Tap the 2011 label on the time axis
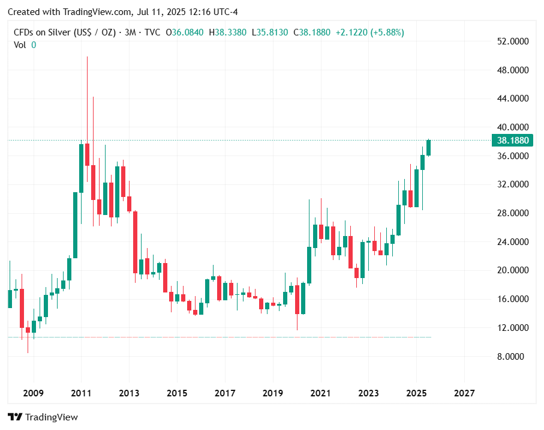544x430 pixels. coord(81,393)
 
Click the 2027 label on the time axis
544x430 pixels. coord(464,393)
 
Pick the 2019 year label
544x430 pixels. coord(273,393)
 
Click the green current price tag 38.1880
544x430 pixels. coord(512,141)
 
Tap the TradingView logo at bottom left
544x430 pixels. coord(43,417)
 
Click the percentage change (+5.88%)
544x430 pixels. coord(387,32)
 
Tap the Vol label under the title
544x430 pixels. coord(20,44)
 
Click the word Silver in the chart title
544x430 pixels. coord(58,32)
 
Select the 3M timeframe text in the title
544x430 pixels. coord(131,32)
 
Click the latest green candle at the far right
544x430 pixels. coord(428,148)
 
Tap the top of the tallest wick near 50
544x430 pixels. coord(87,57)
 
